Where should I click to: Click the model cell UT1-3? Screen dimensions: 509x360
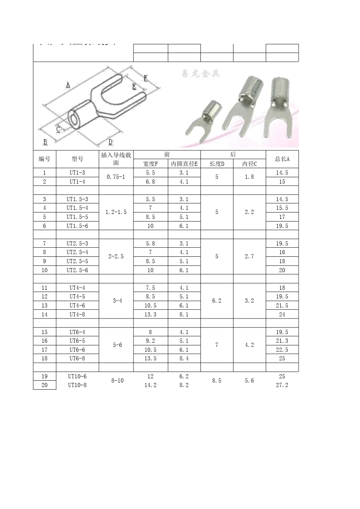(77, 173)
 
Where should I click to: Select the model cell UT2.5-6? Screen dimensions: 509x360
(77, 270)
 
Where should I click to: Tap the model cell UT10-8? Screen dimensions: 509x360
(77, 385)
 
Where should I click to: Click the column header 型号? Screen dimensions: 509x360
(77, 159)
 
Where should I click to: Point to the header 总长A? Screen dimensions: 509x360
(282, 159)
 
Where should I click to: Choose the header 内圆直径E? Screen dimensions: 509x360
(184, 164)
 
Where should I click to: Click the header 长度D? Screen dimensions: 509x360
(217, 164)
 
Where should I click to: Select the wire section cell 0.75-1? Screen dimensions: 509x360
(116, 177)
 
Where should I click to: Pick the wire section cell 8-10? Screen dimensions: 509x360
(117, 381)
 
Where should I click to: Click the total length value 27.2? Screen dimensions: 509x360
(282, 385)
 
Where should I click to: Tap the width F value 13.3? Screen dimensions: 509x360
(150, 314)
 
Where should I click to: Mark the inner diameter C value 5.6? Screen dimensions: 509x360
(249, 381)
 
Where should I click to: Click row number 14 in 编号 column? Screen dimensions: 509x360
(45, 314)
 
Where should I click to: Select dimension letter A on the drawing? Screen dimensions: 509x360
(68, 84)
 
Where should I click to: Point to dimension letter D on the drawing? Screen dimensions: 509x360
(111, 142)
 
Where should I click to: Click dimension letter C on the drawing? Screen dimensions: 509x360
(59, 129)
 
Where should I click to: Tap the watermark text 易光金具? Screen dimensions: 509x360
(201, 73)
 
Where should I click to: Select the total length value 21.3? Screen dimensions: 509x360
(282, 341)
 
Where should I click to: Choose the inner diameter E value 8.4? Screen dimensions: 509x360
(184, 358)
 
